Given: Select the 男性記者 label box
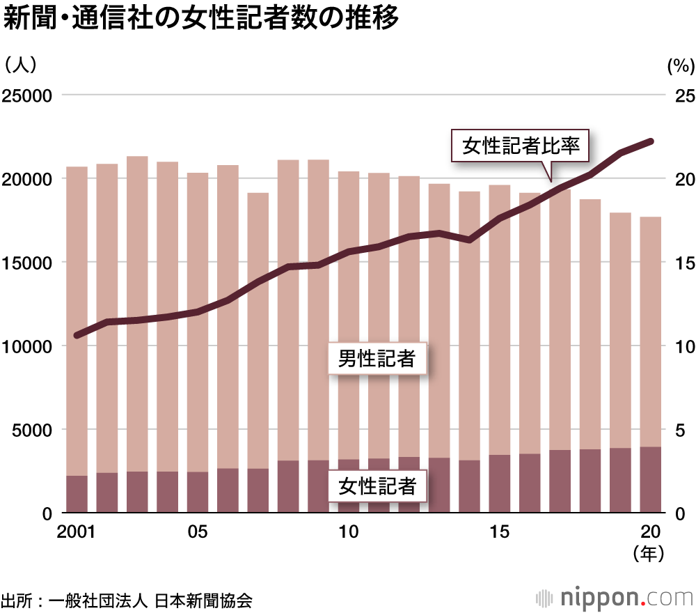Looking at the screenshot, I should point(377,359).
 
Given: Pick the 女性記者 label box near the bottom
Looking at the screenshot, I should point(377,486).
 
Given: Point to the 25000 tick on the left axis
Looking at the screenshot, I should point(29,95).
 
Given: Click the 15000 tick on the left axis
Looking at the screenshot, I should point(29,263).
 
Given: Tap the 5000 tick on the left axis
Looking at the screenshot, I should point(33,430).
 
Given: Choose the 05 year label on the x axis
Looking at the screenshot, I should point(198,533).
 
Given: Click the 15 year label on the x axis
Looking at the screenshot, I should point(499,533).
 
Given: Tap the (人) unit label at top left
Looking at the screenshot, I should point(20,65).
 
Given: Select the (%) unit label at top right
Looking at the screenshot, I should point(681,66).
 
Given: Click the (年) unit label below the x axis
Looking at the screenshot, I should point(650,554).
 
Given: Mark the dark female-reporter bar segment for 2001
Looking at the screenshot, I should point(77,495).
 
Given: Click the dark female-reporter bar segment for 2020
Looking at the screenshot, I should point(651,480).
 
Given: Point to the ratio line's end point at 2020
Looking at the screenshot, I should point(650,141).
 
